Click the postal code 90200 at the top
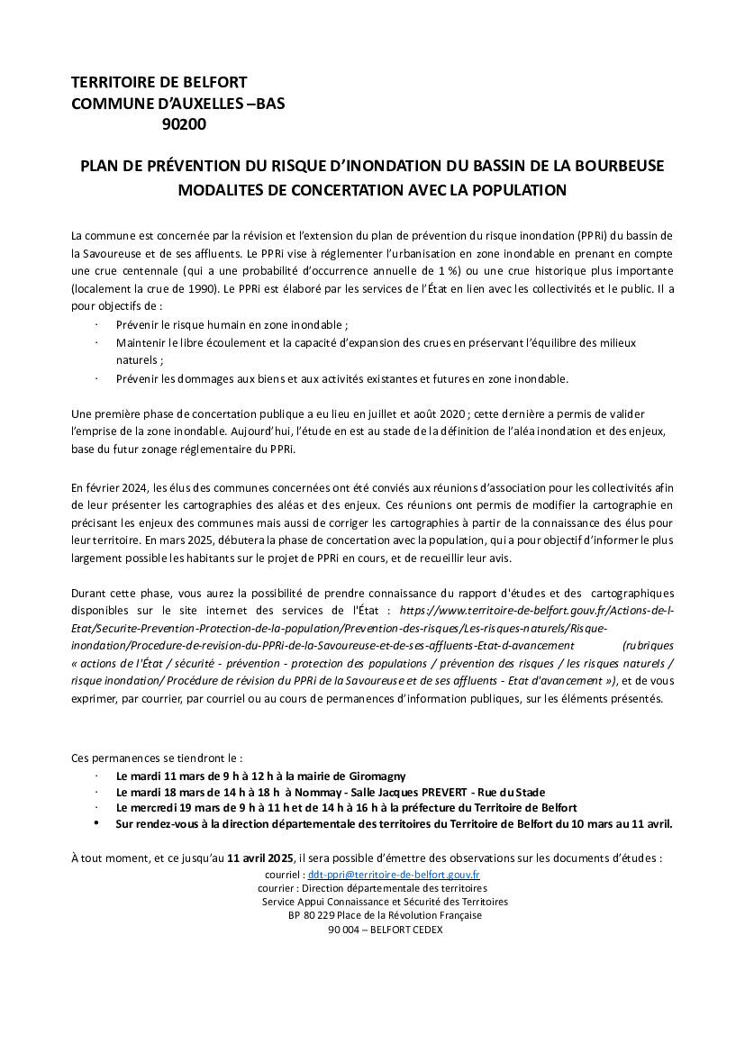coord(184,125)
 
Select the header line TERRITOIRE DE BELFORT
coord(159,82)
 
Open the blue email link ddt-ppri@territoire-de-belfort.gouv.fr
coord(394,875)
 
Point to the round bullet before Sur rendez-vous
coord(96,823)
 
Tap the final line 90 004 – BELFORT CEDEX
coord(386,930)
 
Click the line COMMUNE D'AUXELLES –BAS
coord(177,104)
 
